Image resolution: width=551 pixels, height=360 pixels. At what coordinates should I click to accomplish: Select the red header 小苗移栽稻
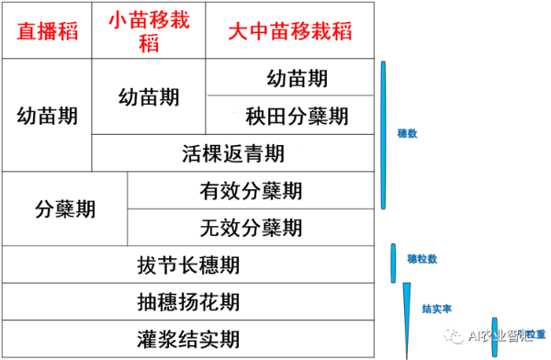click(x=150, y=30)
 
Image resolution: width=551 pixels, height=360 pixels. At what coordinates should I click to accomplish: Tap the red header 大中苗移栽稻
click(x=290, y=30)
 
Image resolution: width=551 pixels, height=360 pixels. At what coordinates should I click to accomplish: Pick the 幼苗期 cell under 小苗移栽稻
click(x=150, y=96)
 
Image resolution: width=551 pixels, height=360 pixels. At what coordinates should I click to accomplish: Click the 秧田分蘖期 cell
click(x=296, y=116)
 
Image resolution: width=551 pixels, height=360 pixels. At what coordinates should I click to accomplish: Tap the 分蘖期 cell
click(x=64, y=208)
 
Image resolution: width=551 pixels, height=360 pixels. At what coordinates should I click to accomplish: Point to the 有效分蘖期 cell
click(x=251, y=190)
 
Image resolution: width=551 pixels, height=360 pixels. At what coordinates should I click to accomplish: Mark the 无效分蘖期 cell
click(x=251, y=227)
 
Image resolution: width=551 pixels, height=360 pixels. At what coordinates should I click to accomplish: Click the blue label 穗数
click(x=407, y=132)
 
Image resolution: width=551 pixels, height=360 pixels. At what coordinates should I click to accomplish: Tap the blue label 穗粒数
click(x=421, y=258)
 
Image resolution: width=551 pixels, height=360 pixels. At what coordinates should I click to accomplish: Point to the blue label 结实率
click(x=435, y=309)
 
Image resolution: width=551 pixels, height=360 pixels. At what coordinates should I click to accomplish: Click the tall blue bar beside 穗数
click(x=384, y=134)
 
